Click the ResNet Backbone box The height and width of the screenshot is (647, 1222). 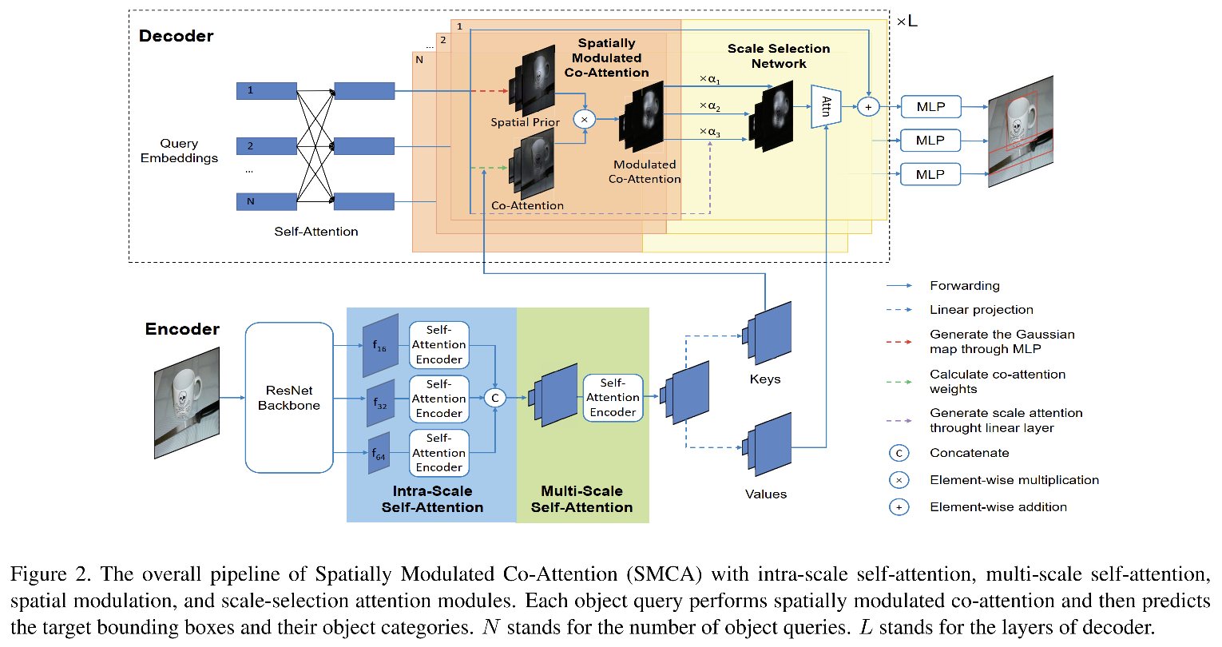point(288,398)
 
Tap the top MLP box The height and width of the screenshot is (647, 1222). point(930,106)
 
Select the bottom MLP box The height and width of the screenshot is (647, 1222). point(930,174)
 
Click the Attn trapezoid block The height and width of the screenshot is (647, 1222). point(825,106)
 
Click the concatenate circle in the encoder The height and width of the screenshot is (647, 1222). point(495,397)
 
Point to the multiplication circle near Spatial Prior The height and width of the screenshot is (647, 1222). point(585,120)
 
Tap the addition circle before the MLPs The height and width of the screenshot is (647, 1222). point(868,106)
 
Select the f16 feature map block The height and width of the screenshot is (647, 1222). point(380,345)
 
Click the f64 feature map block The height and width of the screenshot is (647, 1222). point(379,454)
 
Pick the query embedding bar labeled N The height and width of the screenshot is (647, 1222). point(266,201)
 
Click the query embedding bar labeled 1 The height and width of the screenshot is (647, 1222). point(266,91)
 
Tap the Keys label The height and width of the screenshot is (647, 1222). point(765,379)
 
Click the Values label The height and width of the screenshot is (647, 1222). point(765,494)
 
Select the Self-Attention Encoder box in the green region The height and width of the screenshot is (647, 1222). point(613,398)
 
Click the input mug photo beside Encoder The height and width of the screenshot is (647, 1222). point(186,403)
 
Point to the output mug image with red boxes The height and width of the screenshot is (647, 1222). point(1020,132)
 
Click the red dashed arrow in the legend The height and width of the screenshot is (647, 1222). point(899,342)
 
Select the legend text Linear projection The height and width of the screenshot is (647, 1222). point(981,310)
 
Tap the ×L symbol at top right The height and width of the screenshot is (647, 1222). point(907,22)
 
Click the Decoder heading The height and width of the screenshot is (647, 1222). point(176,36)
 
